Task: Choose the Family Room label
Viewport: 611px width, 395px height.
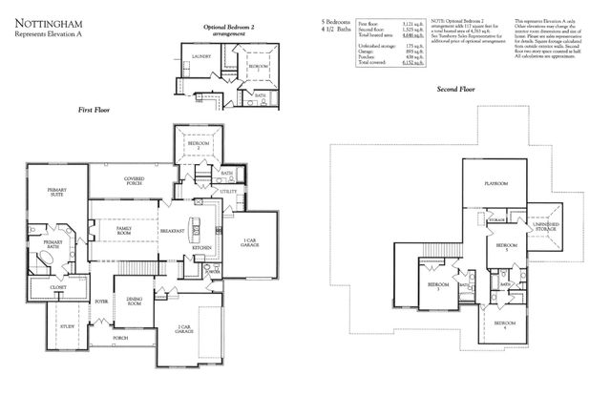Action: click(x=125, y=231)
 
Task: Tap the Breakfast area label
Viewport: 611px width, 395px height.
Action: click(x=172, y=231)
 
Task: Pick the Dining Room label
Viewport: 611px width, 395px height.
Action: click(x=135, y=302)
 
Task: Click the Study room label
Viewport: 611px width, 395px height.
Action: click(x=68, y=327)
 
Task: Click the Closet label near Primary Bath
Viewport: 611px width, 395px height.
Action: click(x=57, y=286)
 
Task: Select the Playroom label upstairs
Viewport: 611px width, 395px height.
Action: click(x=495, y=182)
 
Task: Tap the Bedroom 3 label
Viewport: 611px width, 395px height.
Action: click(x=437, y=286)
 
